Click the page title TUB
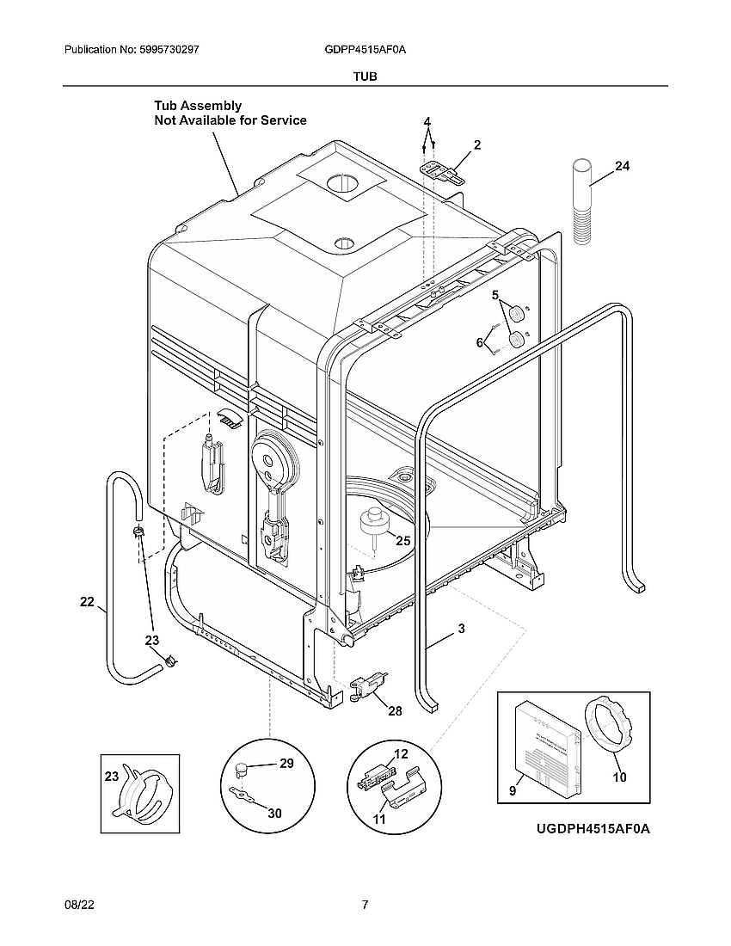pyautogui.click(x=365, y=76)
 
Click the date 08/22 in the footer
pyautogui.click(x=77, y=905)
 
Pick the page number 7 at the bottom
pyautogui.click(x=365, y=905)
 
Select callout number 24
pyautogui.click(x=622, y=167)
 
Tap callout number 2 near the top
pyautogui.click(x=476, y=145)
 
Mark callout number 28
pyautogui.click(x=395, y=710)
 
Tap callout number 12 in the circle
pyautogui.click(x=401, y=754)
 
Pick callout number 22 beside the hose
pyautogui.click(x=87, y=602)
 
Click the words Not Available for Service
pyautogui.click(x=230, y=120)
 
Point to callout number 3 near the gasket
pyautogui.click(x=461, y=629)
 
